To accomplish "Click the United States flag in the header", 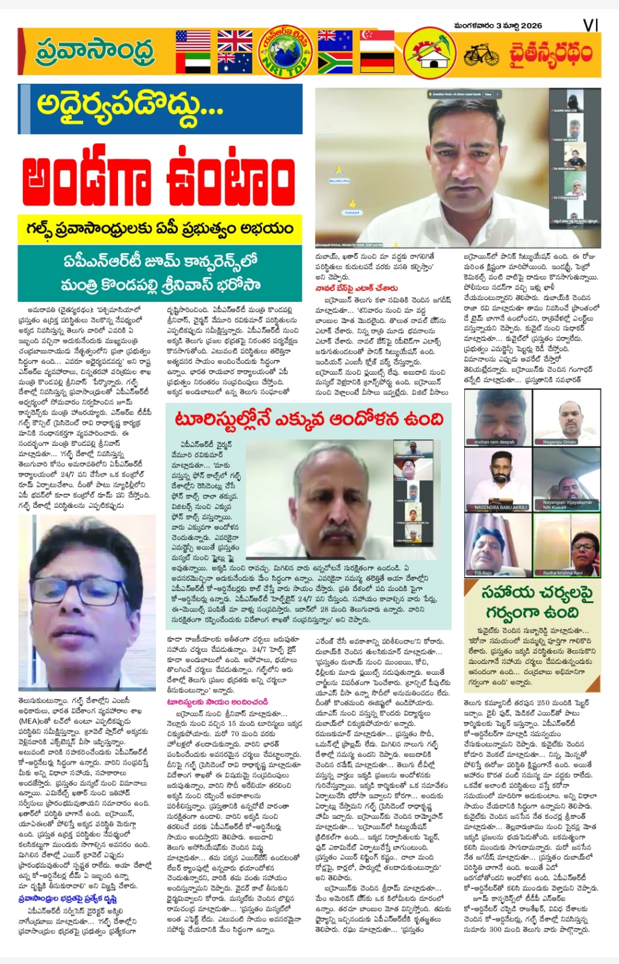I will coord(193,41).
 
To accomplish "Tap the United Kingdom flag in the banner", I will coord(235,41).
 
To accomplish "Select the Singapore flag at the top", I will coord(376,41).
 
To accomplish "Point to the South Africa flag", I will coord(335,63).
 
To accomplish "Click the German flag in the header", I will coord(376,63).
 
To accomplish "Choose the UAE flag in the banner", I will coord(193,63).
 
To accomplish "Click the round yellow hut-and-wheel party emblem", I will coord(429,54).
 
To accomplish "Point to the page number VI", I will coord(590,25).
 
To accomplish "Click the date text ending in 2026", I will coord(498,25).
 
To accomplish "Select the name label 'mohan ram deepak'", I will coord(495,442).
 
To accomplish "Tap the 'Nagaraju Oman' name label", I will coord(559,442).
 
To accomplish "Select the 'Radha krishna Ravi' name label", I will coord(563,573).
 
